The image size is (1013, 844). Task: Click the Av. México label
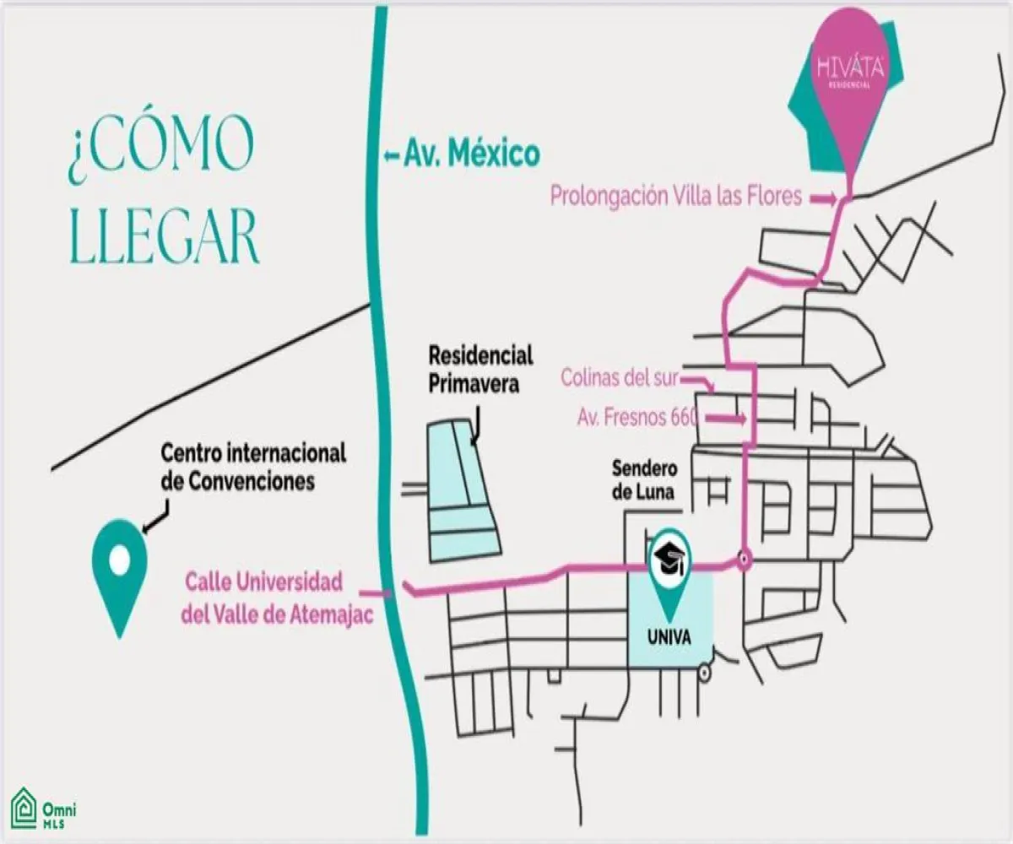coord(471,155)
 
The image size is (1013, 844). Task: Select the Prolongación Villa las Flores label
coord(675,197)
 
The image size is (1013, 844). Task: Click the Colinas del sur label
coord(619,378)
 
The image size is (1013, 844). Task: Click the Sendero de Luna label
coord(643,479)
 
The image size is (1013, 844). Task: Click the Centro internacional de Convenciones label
coord(253,467)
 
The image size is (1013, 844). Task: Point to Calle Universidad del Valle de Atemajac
coord(278,598)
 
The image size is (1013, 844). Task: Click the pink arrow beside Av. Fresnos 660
coord(726,418)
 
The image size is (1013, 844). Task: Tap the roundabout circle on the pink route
coord(744,560)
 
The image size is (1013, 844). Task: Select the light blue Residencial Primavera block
coord(461,490)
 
